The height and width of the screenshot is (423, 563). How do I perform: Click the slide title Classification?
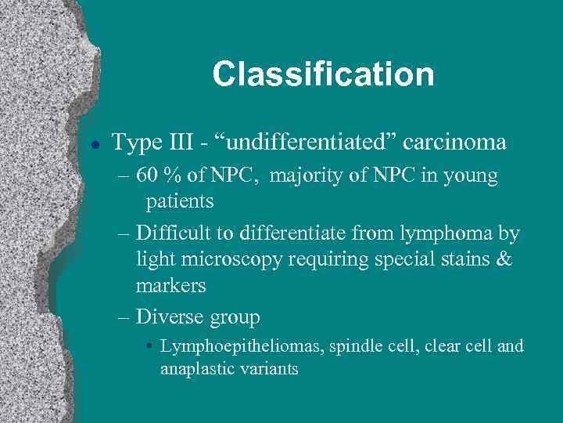[x=323, y=74]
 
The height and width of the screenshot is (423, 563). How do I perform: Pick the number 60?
[x=147, y=175]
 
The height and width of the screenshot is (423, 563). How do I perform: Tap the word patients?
[x=180, y=201]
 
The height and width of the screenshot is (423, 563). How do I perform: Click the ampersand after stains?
[x=504, y=259]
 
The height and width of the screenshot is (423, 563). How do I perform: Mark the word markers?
[x=170, y=286]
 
